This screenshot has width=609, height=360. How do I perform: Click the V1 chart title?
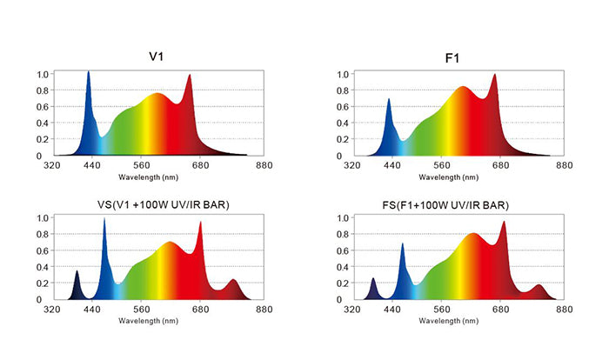156,57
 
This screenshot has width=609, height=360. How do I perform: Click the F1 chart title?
452,58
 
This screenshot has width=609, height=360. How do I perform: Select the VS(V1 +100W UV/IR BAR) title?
164,204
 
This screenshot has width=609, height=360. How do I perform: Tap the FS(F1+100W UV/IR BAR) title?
445,205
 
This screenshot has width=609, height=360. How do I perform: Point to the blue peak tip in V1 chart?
89,71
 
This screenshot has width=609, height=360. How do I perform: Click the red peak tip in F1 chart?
495,74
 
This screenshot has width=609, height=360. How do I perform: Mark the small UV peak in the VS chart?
77,271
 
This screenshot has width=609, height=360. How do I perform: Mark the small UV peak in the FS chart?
373,278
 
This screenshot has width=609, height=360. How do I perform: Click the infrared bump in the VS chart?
233,280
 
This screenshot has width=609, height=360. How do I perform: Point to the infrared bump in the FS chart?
539,285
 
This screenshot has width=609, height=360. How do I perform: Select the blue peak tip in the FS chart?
402,243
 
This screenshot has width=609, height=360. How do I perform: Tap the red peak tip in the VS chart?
200,222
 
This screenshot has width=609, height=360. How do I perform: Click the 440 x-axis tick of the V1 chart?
92,165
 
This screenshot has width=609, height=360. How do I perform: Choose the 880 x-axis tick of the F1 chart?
565,165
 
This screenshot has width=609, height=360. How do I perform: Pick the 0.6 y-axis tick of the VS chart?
43,251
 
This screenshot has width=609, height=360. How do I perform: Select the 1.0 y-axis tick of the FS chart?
343,218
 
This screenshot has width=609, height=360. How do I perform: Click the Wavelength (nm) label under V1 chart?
149,177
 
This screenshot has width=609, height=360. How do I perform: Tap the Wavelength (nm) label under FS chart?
449,321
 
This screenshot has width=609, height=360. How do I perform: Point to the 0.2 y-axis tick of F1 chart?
343,139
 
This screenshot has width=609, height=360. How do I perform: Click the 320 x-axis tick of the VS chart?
52,310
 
